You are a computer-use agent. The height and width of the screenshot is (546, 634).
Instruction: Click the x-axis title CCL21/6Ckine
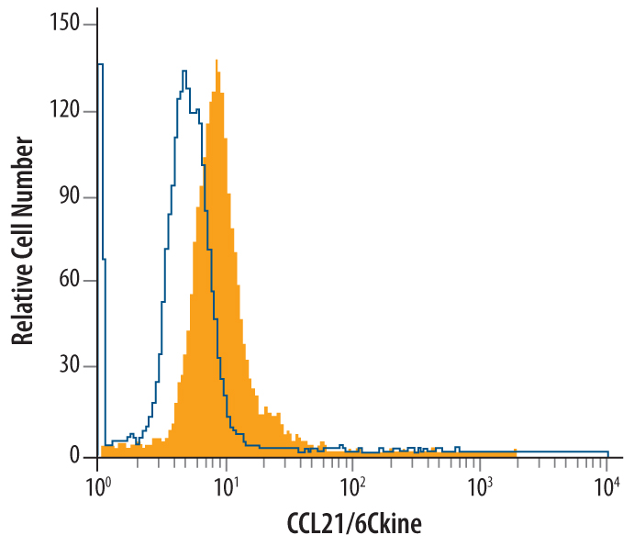click(x=353, y=523)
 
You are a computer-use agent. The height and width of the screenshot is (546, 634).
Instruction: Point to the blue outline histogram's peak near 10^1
click(x=184, y=71)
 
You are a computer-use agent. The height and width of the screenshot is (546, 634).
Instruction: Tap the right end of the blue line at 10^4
click(x=608, y=452)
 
